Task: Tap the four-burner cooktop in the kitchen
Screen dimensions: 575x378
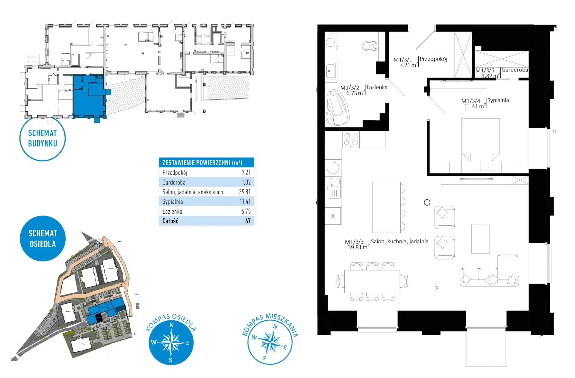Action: (x=351, y=139)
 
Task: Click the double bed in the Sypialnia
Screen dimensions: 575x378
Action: (x=481, y=144)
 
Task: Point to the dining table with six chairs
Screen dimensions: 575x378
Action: (x=372, y=281)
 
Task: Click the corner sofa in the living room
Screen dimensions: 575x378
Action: (x=490, y=271)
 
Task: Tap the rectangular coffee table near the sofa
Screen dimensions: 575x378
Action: (x=480, y=239)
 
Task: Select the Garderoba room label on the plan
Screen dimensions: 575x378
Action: (x=515, y=70)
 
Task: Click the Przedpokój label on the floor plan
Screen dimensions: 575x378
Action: (x=433, y=59)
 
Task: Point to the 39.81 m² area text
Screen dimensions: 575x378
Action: (x=358, y=247)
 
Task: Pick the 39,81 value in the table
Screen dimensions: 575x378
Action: (x=245, y=192)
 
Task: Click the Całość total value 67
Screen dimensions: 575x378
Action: (x=248, y=221)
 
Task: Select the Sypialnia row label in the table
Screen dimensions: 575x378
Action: (x=172, y=202)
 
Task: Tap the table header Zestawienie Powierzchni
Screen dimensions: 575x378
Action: (x=202, y=163)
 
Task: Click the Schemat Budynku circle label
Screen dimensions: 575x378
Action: (x=43, y=138)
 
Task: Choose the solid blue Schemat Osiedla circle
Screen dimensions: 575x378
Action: (x=43, y=238)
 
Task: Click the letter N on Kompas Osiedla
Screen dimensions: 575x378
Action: (x=172, y=325)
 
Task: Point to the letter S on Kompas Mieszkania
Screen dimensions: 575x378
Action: (x=264, y=358)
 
